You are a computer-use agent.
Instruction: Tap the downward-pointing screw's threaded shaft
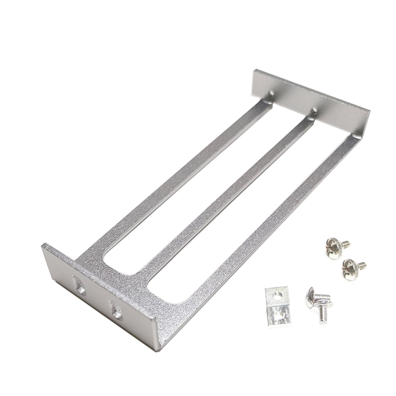[323, 314]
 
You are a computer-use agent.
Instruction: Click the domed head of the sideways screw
[310, 298]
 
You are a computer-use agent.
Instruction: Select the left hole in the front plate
[80, 285]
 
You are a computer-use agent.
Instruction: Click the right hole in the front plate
[115, 309]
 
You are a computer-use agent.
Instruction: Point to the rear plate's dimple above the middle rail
[314, 111]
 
